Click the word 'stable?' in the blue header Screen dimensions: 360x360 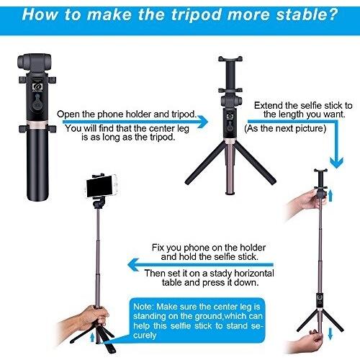click(x=307, y=14)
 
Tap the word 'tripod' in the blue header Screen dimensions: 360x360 click(x=196, y=15)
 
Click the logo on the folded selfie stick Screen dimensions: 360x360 click(x=37, y=87)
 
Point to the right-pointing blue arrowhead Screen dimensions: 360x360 click(x=202, y=122)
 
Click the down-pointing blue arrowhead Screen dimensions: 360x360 click(x=336, y=163)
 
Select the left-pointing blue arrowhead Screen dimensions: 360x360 click(x=133, y=265)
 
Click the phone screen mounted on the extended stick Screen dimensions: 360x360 click(x=99, y=186)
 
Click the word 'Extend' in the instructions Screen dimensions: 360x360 click(x=269, y=106)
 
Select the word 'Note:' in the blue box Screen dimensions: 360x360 click(x=143, y=307)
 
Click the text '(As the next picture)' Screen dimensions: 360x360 click(x=285, y=129)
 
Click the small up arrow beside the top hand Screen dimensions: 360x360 click(x=330, y=195)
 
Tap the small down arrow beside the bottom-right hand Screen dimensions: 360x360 click(x=330, y=333)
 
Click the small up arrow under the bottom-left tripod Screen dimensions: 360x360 click(x=92, y=337)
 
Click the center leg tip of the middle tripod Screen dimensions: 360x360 click(x=230, y=192)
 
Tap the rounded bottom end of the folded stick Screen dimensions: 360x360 click(x=37, y=197)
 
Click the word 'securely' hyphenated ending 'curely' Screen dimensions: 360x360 click(x=145, y=335)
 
